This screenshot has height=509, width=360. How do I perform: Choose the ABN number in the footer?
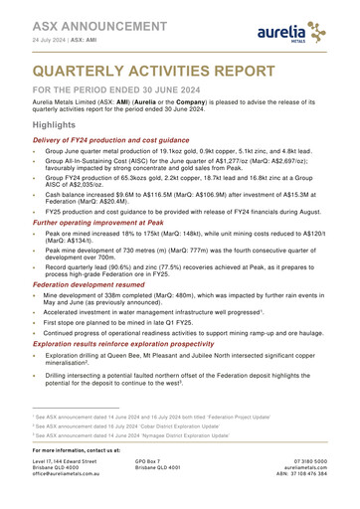click(x=312, y=494)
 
